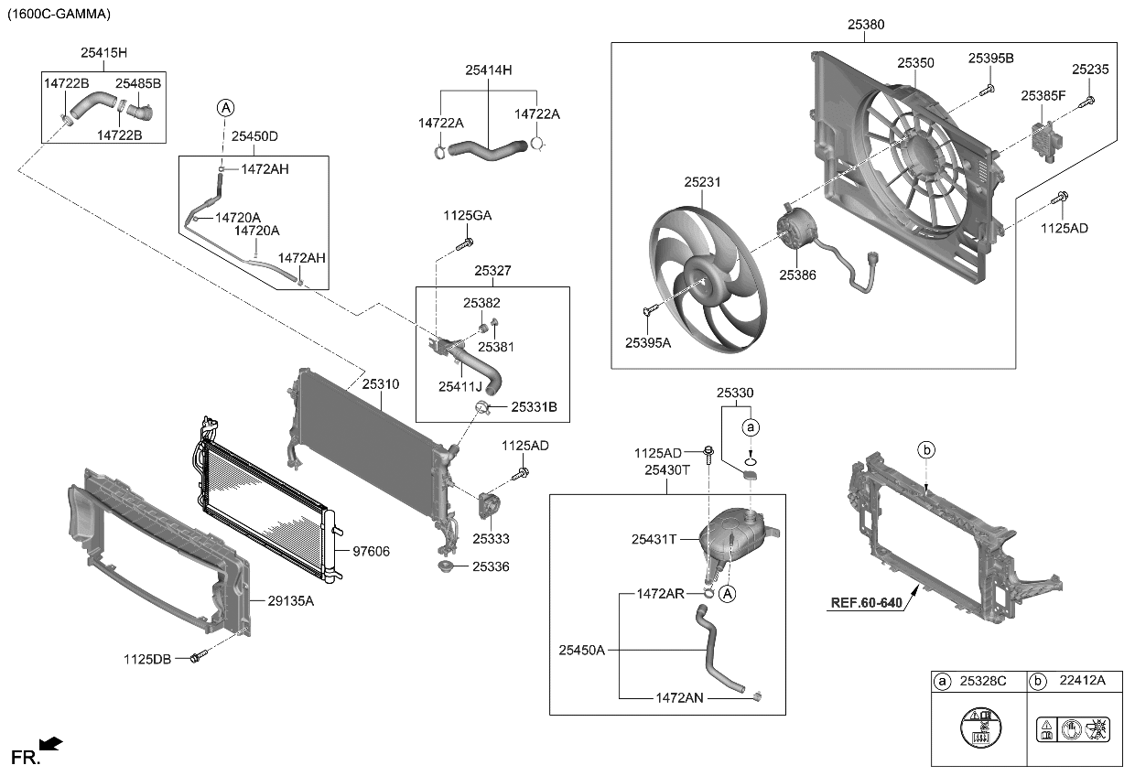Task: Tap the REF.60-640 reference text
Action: point(866,603)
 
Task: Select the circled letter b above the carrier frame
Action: point(926,449)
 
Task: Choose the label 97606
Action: point(371,551)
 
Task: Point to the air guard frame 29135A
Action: point(156,549)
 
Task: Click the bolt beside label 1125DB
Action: point(198,658)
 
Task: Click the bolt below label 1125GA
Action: point(467,242)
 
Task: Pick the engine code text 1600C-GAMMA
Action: point(59,14)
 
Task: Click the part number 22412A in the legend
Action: point(1083,680)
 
